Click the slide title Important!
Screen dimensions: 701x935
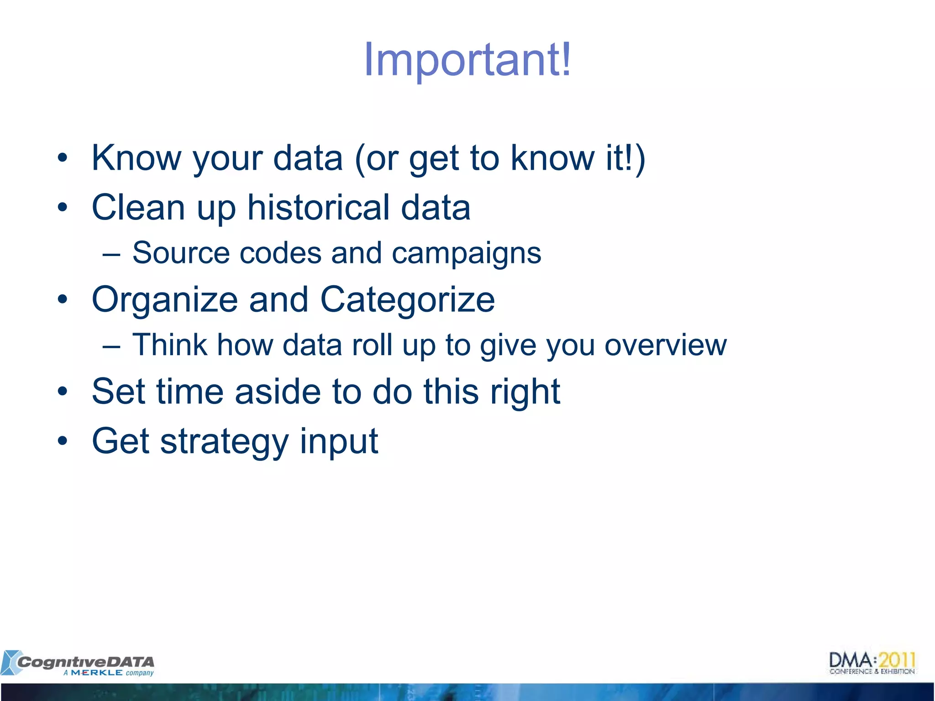coord(467,60)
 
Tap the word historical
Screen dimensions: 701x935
coord(318,207)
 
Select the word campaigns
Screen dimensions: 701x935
coord(466,254)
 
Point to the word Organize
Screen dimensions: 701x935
coord(164,300)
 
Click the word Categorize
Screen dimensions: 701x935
coord(407,299)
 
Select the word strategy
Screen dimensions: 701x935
coord(225,442)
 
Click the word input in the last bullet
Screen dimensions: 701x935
coord(339,442)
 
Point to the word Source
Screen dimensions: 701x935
coord(181,253)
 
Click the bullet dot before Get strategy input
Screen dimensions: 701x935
coord(63,441)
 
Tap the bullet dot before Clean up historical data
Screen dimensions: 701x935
coord(63,208)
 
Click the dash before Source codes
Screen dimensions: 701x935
coord(111,254)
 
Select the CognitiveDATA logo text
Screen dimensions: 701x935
coord(85,661)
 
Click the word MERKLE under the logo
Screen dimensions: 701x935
coord(96,673)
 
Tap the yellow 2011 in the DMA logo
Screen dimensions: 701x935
coord(897,660)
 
